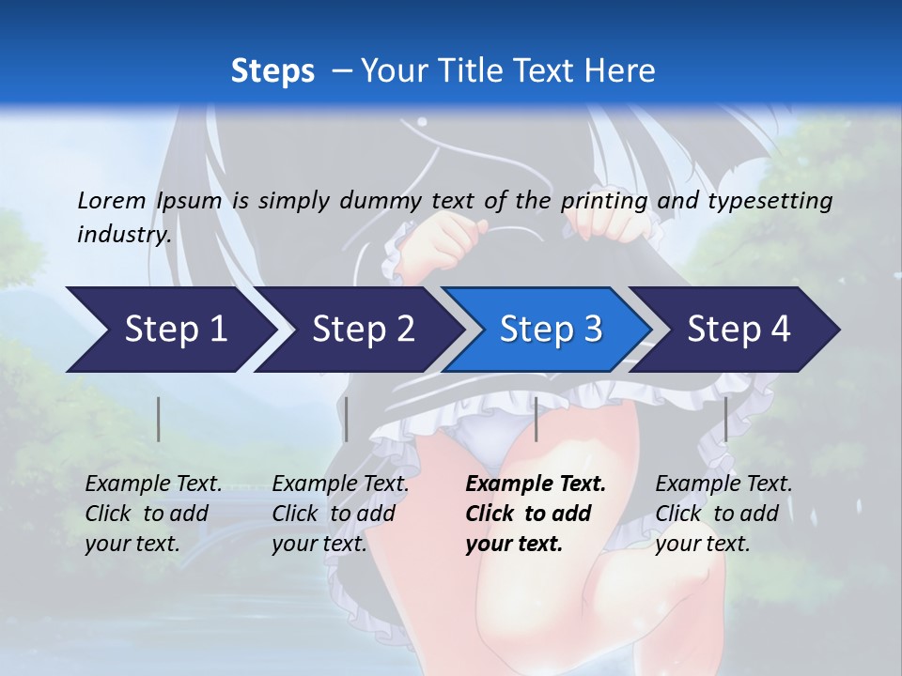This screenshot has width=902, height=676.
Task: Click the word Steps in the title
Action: (x=272, y=70)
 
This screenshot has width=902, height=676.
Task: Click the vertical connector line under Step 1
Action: (x=159, y=419)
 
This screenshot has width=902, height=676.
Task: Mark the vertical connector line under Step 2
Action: (x=347, y=419)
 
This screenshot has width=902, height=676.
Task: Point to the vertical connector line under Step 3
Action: (x=536, y=419)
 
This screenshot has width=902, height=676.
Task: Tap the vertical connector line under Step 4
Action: (x=725, y=419)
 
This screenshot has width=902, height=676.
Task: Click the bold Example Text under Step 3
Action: (x=536, y=484)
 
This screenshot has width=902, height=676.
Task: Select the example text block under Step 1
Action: (x=153, y=514)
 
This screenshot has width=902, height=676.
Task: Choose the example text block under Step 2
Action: (x=340, y=514)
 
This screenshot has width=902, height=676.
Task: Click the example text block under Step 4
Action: (x=723, y=514)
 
